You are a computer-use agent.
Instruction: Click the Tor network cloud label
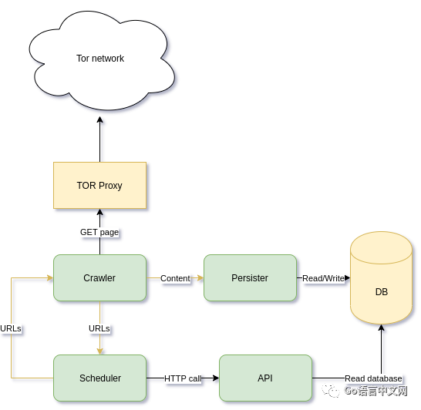100,59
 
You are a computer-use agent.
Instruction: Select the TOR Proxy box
100,185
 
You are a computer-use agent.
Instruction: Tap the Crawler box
100,277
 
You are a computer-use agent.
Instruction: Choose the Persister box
250,277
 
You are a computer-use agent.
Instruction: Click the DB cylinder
381,277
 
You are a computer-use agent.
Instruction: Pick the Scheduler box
100,378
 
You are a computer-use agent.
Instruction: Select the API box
265,378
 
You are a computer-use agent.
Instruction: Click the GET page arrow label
99,232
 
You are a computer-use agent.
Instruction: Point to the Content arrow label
175,278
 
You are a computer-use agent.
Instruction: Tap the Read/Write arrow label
323,278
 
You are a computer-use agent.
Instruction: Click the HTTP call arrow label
183,378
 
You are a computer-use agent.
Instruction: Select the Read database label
373,378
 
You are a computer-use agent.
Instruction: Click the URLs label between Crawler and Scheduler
99,328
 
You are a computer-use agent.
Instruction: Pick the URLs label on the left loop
11,328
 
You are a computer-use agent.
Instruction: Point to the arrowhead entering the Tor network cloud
100,119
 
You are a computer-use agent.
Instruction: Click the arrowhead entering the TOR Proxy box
100,212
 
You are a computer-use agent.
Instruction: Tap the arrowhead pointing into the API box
216,378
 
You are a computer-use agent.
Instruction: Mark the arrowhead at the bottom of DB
381,328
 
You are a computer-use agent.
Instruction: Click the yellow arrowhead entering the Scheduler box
100,351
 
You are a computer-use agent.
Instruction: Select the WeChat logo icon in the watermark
331,391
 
